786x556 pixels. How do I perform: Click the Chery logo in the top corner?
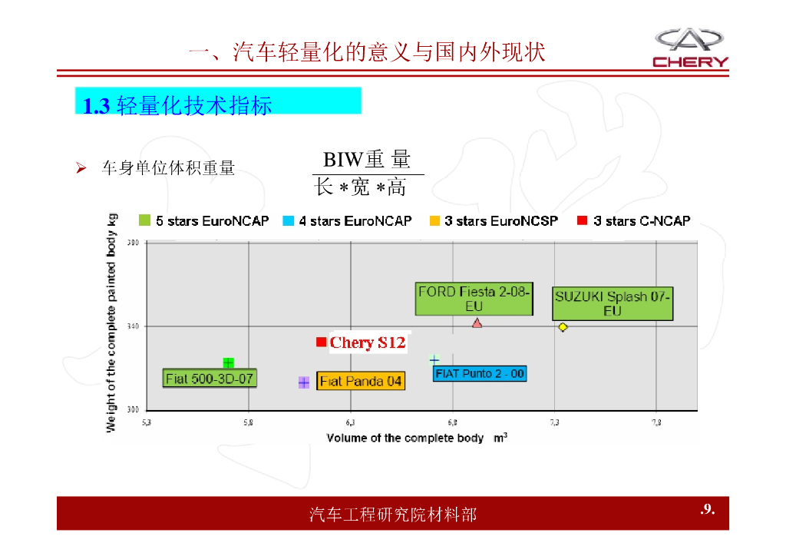click(x=690, y=48)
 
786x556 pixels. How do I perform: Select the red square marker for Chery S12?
click(x=321, y=342)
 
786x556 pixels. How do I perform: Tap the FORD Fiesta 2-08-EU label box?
click(x=474, y=299)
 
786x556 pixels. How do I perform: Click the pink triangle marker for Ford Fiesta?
click(x=477, y=323)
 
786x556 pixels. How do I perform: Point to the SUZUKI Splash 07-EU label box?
click(x=612, y=303)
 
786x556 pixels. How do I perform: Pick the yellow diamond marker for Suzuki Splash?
click(x=563, y=327)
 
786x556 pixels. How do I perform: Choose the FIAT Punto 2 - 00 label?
click(x=480, y=374)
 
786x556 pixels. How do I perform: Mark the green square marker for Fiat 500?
click(x=228, y=362)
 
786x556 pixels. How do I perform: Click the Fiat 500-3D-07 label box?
click(x=210, y=379)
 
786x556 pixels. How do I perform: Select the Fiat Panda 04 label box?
click(x=360, y=381)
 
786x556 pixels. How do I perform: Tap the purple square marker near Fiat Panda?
click(x=303, y=382)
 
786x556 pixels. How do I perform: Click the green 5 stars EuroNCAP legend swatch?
click(x=144, y=220)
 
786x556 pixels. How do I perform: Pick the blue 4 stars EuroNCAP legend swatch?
click(x=288, y=220)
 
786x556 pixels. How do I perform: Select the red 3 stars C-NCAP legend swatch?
click(x=582, y=220)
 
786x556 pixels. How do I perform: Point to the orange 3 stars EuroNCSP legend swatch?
click(x=434, y=220)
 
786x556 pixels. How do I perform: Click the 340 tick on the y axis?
click(x=133, y=326)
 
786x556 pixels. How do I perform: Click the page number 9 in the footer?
click(x=707, y=509)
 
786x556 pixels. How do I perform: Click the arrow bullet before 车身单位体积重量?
click(x=80, y=167)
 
